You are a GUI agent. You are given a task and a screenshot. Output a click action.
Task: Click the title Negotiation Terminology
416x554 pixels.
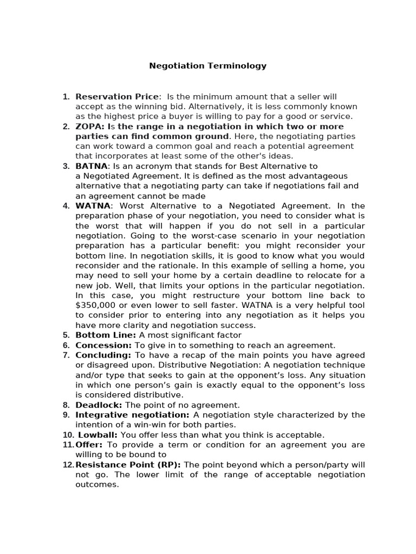coord(208,66)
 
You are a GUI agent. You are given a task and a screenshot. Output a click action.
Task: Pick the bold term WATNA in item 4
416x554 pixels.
coord(93,206)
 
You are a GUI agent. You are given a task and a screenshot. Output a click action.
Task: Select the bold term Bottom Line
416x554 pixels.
coord(105,335)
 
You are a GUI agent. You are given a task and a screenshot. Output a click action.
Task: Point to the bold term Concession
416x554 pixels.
coord(103,345)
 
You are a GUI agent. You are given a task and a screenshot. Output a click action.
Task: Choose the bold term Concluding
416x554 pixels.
coord(103,355)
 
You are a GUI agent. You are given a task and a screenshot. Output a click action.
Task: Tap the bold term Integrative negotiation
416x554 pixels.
coord(132,415)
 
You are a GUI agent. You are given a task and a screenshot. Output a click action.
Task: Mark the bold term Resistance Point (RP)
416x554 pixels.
coord(128,465)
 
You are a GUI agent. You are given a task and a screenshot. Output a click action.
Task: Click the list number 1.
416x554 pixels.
coord(66,97)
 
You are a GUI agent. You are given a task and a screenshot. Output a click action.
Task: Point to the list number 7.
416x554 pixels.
coord(66,355)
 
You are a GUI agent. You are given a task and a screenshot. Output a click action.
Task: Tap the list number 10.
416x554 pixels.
coord(67,435)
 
